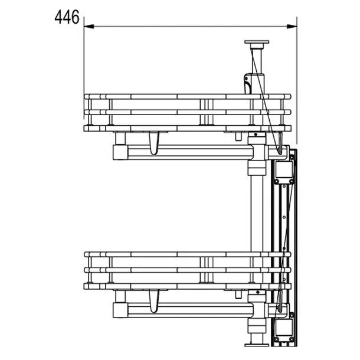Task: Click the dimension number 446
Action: pos(67,17)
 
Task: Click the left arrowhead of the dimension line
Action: pos(89,27)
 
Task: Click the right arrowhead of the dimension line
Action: pos(292,27)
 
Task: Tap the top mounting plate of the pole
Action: pos(257,42)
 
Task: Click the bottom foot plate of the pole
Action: pos(257,345)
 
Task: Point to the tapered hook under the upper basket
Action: pos(154,143)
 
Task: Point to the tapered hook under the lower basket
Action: pos(154,301)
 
